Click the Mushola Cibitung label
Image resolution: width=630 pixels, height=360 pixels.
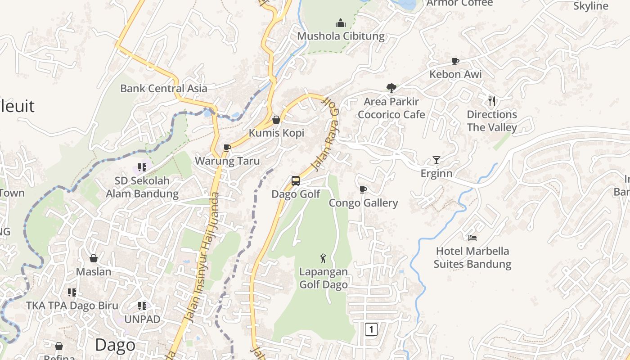point(341,36)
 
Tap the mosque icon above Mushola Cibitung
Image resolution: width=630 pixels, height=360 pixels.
point(341,22)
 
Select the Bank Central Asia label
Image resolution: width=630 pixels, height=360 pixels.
point(164,88)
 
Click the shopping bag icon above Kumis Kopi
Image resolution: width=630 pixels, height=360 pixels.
point(276,120)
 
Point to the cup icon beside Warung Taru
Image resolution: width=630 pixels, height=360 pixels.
point(227,148)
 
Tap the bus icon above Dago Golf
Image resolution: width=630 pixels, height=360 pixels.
point(296,181)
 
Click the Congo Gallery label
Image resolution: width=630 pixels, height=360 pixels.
point(363,203)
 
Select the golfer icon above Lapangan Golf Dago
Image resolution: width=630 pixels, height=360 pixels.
point(323,258)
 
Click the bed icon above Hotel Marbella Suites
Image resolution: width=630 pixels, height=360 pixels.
point(472,238)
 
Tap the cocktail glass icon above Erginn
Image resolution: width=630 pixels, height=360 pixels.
point(436,160)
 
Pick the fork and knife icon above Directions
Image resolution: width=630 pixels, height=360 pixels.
point(492,101)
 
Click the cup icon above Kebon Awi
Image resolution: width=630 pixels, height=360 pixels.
point(455,61)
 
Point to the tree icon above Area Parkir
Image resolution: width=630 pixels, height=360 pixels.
point(391,88)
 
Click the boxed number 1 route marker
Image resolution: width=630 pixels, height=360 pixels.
point(371,329)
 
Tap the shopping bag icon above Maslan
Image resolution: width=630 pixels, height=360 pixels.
point(94,258)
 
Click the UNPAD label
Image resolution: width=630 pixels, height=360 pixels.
point(142,319)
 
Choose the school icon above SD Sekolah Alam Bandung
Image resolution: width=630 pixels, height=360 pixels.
point(142,167)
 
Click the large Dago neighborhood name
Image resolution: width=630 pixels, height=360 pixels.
point(115,345)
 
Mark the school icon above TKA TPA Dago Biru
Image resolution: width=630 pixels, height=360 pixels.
point(72,292)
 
